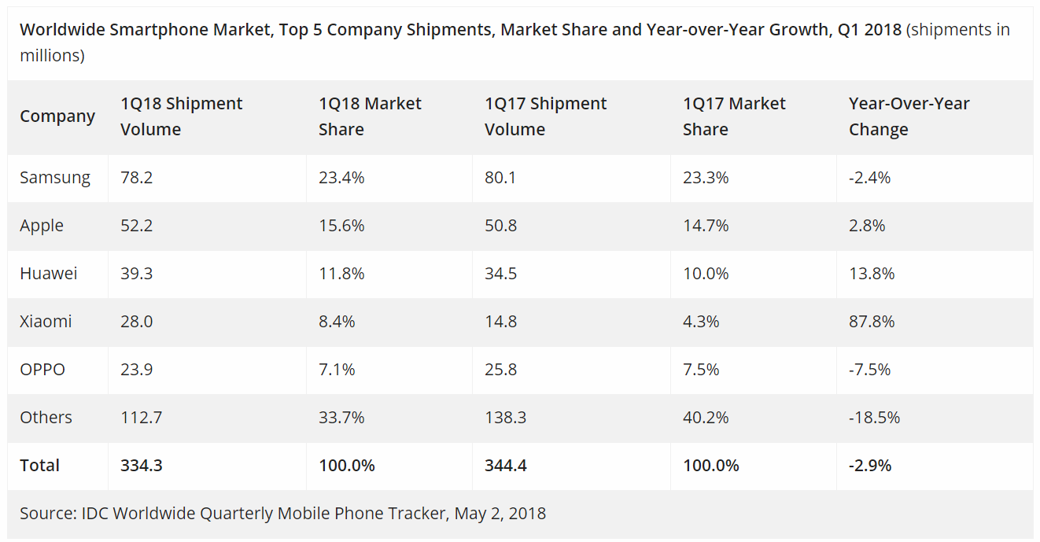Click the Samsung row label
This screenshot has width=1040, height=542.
pyautogui.click(x=55, y=178)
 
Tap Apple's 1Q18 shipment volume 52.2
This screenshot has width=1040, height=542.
pyautogui.click(x=136, y=226)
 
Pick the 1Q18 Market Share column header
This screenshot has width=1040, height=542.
pyautogui.click(x=370, y=116)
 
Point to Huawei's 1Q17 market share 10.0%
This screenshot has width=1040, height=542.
pyautogui.click(x=706, y=274)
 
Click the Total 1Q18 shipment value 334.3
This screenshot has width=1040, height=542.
pyautogui.click(x=142, y=466)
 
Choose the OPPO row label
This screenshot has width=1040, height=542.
pyautogui.click(x=42, y=370)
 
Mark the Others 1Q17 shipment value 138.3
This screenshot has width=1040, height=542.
pyautogui.click(x=505, y=418)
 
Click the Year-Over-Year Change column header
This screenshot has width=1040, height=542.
pyautogui.click(x=909, y=116)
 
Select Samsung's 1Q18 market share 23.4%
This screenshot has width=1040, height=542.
pyautogui.click(x=341, y=178)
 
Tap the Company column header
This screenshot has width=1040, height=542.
pyautogui.click(x=57, y=116)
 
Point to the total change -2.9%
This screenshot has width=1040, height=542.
pyautogui.click(x=870, y=466)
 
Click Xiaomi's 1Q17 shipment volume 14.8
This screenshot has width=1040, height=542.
pyautogui.click(x=500, y=322)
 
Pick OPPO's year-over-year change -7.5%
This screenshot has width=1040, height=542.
pyautogui.click(x=869, y=370)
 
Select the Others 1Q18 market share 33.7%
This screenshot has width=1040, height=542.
pyautogui.click(x=341, y=418)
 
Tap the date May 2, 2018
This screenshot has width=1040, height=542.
pyautogui.click(x=500, y=514)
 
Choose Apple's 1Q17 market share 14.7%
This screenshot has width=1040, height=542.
pyautogui.click(x=706, y=226)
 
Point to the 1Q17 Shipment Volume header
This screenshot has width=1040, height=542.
pyautogui.click(x=545, y=116)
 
